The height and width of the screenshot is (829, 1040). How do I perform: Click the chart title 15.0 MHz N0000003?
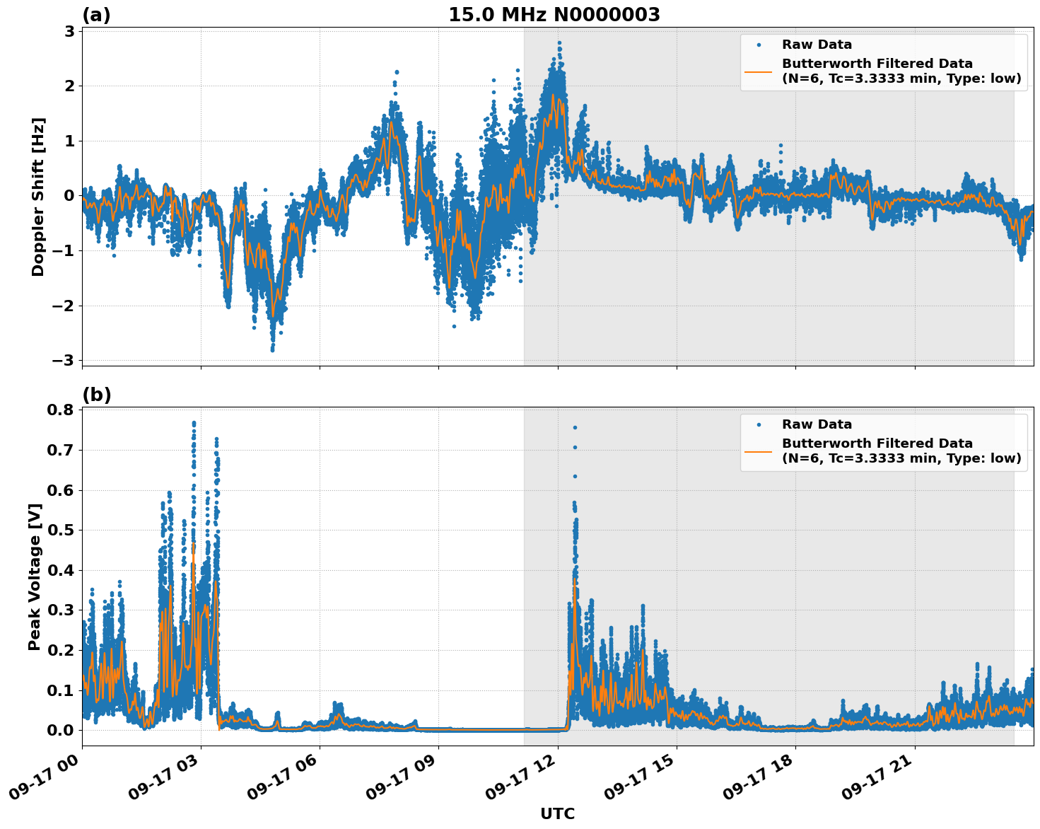554,15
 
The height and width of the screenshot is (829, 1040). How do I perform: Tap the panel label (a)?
96,15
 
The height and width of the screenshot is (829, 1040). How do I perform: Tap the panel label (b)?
96,395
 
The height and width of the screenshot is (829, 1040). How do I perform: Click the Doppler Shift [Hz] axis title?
38,197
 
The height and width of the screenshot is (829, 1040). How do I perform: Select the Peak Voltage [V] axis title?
35,576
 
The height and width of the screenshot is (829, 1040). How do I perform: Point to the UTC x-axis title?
557,813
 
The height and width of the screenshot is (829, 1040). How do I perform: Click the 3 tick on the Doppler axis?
70,31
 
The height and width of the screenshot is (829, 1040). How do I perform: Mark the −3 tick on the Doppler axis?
64,361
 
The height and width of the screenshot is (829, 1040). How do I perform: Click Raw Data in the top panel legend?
817,45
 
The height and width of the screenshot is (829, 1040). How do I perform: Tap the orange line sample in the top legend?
759,71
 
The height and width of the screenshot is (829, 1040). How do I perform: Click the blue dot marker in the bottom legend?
759,424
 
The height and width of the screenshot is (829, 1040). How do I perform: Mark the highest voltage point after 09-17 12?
575,427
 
